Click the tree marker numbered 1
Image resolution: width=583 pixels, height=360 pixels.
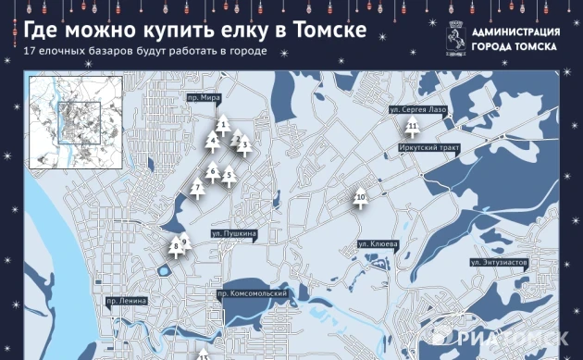coord(222,124)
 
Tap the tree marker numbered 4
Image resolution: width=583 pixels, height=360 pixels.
coord(213,142)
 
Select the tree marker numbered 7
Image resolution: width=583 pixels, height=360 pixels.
coord(196,189)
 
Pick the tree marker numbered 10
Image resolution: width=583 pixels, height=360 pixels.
coord(361,198)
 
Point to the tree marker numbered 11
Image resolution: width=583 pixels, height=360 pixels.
coord(413,127)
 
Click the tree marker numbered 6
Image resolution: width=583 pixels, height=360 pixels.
coord(213,171)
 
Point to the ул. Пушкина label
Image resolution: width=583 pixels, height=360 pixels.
coord(233,234)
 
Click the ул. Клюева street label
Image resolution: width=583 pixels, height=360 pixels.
coord(378,244)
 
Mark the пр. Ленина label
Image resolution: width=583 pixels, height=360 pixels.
coord(127,301)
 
